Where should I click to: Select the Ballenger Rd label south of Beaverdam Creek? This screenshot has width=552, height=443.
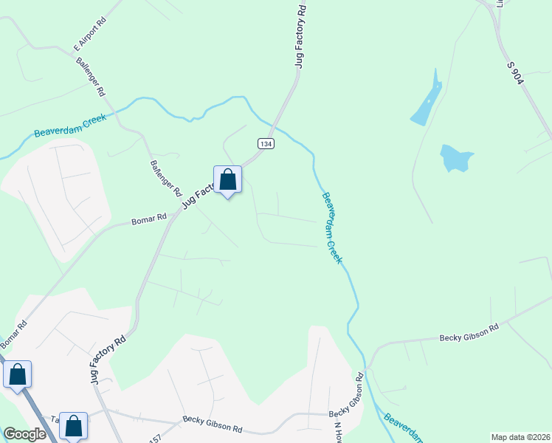click(x=166, y=178)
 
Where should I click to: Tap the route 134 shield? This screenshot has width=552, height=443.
click(x=266, y=143)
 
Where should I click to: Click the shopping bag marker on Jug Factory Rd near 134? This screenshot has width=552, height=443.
click(x=228, y=179)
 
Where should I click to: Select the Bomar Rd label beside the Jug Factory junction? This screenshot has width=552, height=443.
click(x=149, y=219)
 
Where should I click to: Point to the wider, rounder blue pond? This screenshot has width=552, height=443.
click(x=455, y=157)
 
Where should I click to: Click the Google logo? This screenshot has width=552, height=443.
click(x=25, y=434)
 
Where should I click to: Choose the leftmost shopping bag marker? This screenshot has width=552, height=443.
click(x=18, y=374)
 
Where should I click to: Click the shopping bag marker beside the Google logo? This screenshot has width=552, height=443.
click(x=73, y=425)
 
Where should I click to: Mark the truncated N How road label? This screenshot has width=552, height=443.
click(x=339, y=431)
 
